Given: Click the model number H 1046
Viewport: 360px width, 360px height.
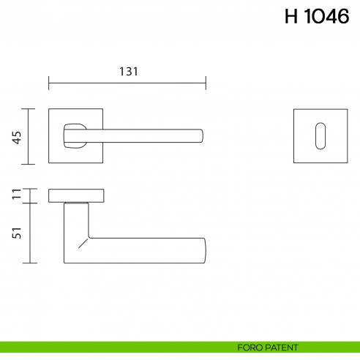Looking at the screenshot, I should click(317, 17).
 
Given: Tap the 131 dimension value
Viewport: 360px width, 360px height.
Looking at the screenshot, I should click(128, 71).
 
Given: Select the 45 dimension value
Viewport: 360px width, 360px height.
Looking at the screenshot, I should click(16, 137).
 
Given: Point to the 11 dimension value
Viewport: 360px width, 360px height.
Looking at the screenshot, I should click(16, 195).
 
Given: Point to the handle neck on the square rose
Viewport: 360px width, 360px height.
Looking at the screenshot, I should click(75, 136).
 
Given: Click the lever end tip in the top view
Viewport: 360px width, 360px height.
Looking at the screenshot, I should click(200, 136).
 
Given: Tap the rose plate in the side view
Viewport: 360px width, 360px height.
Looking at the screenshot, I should click(76, 195).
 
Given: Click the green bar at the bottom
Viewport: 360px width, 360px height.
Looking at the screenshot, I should click(110, 346).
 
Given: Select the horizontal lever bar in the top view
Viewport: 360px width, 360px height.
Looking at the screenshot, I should click(146, 136).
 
